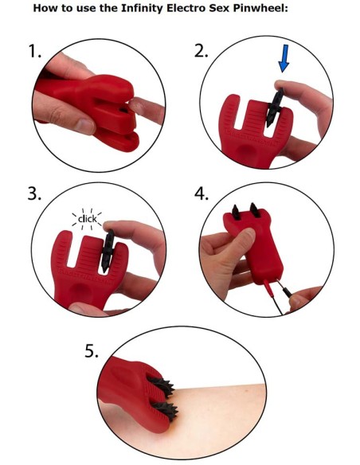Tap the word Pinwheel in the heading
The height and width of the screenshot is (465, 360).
pyautogui.click(x=260, y=8)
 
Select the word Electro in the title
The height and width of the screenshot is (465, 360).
pyautogui.click(x=183, y=8)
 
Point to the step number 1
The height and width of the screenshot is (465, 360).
pyautogui.click(x=34, y=51)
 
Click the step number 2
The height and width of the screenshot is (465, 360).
pyautogui.click(x=201, y=51)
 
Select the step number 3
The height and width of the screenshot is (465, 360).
pyautogui.click(x=34, y=194)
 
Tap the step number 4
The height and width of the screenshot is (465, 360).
pyautogui.click(x=202, y=194)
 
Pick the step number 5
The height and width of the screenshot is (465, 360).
pyautogui.click(x=92, y=351)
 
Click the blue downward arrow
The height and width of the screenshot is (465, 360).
pyautogui.click(x=284, y=58)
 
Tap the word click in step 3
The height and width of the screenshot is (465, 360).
pyautogui.click(x=88, y=219)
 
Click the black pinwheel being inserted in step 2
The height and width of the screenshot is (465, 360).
pyautogui.click(x=275, y=107)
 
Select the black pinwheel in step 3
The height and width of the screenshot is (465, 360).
pyautogui.click(x=107, y=251)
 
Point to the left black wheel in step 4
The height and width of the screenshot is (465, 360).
pyautogui.click(x=236, y=212)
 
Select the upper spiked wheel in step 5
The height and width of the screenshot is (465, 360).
pyautogui.click(x=162, y=386)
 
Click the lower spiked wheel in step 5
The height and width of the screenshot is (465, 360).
pyautogui.click(x=166, y=410)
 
